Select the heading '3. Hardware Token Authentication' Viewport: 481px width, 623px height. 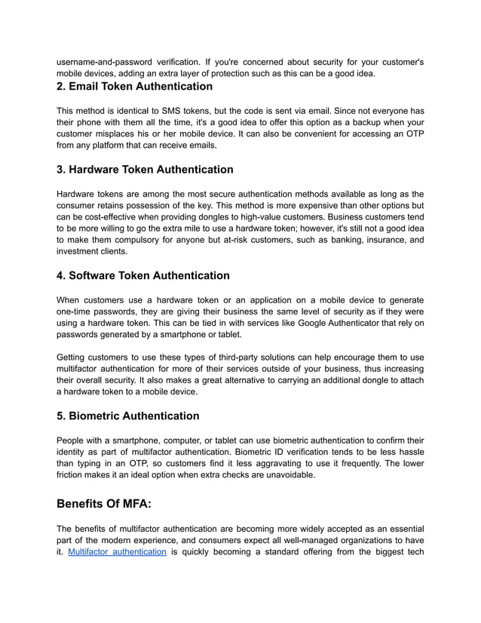tap(145, 169)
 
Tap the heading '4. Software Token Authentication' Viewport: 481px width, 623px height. tap(143, 275)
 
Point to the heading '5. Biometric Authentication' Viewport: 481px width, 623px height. tap(128, 416)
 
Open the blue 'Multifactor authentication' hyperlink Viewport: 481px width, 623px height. tap(117, 552)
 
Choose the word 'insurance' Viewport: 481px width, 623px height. tap(374, 241)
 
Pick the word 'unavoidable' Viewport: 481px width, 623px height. tap(287, 476)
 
